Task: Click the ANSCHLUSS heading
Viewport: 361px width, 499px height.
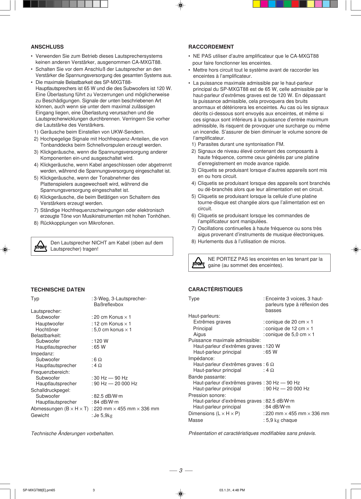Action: pyautogui.click(x=47, y=47)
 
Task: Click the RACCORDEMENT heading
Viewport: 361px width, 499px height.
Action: pyautogui.click(x=211, y=47)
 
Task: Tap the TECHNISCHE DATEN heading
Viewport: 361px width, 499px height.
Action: pyautogui.click(x=58, y=290)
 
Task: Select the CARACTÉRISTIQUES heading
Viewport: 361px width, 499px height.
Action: pyautogui.click(x=215, y=289)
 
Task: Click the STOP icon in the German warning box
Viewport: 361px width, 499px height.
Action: pyautogui.click(x=41, y=246)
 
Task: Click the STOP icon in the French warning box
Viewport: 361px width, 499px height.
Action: pyautogui.click(x=198, y=263)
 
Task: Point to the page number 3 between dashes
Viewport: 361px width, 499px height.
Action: pyautogui.click(x=181, y=470)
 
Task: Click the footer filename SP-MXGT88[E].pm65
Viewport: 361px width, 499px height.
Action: pyautogui.click(x=39, y=490)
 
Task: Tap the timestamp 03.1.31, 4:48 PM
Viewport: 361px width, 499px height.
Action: pyautogui.click(x=232, y=490)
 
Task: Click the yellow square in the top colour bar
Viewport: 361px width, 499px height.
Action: pyautogui.click(x=256, y=4)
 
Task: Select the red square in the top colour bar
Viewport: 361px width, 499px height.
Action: pyautogui.click(x=295, y=4)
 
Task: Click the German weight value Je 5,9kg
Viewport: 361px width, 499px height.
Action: pyautogui.click(x=103, y=415)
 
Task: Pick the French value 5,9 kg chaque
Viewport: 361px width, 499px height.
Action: pyautogui.click(x=281, y=420)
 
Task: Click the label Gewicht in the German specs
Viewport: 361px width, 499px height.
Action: pyautogui.click(x=40, y=415)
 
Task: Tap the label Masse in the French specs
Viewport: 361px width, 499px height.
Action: pyautogui.click(x=196, y=420)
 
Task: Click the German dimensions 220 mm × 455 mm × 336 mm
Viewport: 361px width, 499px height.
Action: pyautogui.click(x=126, y=409)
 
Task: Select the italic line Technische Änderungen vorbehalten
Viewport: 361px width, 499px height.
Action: pyautogui.click(x=73, y=433)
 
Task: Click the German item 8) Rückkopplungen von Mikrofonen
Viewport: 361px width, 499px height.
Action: pyautogui.click(x=74, y=223)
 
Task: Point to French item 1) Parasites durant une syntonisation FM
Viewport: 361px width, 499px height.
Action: pyautogui.click(x=238, y=144)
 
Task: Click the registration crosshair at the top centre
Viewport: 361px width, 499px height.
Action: pyautogui.click(x=181, y=5)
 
